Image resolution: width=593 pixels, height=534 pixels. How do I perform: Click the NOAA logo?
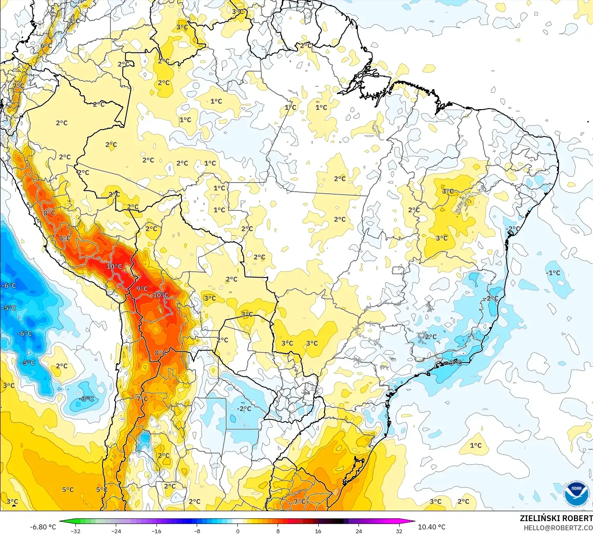576,494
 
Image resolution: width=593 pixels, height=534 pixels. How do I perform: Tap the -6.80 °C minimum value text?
43,527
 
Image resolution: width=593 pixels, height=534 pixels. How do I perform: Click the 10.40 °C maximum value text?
432,527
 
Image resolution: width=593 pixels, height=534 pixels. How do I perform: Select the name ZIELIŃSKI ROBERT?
556,518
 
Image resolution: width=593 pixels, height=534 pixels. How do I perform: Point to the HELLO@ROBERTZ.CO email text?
558,528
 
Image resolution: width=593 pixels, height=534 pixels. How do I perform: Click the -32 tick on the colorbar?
75,531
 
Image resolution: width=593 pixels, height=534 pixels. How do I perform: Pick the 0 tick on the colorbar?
237,531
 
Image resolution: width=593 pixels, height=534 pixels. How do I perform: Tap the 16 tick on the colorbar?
318,531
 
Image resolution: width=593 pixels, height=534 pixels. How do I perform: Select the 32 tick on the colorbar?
399,531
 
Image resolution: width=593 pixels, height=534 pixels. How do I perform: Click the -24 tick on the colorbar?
116,531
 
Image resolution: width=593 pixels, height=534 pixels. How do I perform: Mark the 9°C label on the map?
142,289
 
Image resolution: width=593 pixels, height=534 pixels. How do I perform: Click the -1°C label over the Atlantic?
553,273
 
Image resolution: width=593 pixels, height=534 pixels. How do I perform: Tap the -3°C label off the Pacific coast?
86,399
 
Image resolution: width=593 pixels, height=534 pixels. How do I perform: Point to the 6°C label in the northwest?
46,46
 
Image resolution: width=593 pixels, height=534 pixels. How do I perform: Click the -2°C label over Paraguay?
244,409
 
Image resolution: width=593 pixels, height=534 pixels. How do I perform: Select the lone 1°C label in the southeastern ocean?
476,445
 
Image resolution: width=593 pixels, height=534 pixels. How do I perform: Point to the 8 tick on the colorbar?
278,531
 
